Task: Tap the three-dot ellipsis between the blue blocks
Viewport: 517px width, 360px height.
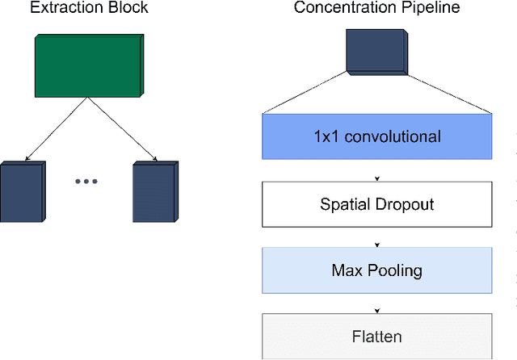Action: [x=86, y=182]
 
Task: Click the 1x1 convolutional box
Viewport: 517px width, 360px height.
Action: [x=377, y=136]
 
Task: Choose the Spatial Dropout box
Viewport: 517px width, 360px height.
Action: [x=377, y=203]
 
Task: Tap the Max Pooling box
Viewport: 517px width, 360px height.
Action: [x=377, y=270]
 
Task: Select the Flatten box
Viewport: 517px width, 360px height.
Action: [x=377, y=336]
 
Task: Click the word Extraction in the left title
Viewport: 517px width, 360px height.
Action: [x=52, y=9]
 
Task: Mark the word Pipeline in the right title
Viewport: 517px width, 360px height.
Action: [x=430, y=9]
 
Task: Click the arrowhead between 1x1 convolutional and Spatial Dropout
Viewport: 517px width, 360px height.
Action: [x=377, y=178]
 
